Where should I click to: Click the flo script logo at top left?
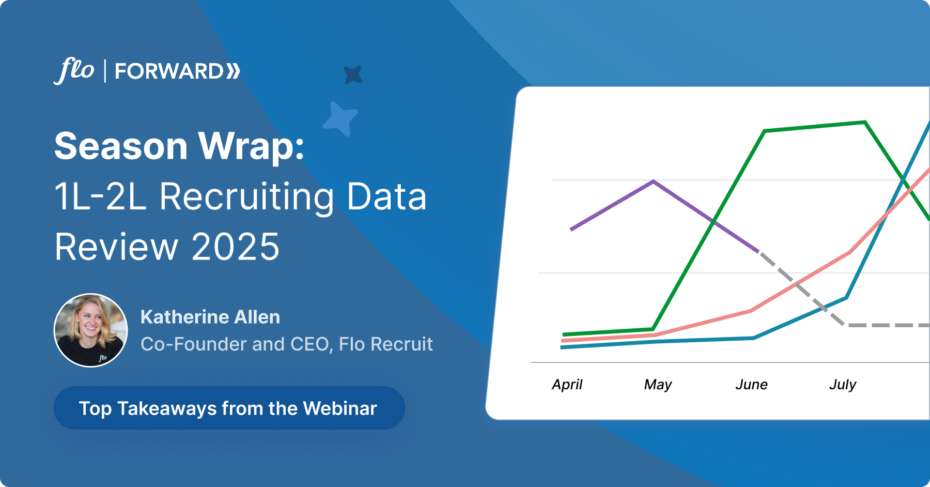click(x=74, y=70)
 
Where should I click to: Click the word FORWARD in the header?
click(x=169, y=71)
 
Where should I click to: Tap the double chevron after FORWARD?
click(x=233, y=71)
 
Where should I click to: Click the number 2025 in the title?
click(x=236, y=247)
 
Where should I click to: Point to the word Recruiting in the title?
click(x=247, y=197)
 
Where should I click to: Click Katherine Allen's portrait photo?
click(x=91, y=330)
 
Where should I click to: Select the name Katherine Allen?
click(x=210, y=317)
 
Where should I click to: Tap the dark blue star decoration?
click(x=353, y=75)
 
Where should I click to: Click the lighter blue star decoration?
click(x=340, y=119)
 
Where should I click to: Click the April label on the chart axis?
click(x=567, y=385)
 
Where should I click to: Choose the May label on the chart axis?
click(x=658, y=385)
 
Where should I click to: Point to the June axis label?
click(x=751, y=385)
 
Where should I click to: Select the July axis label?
click(x=843, y=385)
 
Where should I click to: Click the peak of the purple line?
click(x=654, y=181)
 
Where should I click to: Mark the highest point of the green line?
click(x=865, y=122)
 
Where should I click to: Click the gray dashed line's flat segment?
click(x=887, y=325)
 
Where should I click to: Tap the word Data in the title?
click(x=386, y=197)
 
